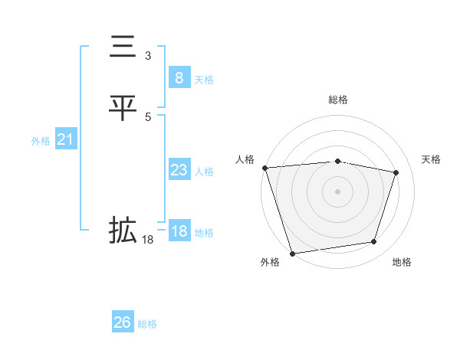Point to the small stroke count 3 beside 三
pos(148,56)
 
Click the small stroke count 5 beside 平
pos(148,116)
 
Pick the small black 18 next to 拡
pos(148,240)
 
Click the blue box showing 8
pos(179,78)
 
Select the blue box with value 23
pos(179,170)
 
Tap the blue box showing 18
pos(179,231)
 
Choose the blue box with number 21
pos(65,139)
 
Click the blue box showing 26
pos(123,322)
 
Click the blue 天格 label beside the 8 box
pos(204,80)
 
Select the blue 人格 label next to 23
pos(204,172)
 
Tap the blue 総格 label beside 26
pos(147,324)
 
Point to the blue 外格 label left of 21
pos(41,141)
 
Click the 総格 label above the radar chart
pos(338,100)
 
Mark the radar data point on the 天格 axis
pos(396,172)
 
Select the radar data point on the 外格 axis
pos(292,253)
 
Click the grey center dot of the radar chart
pos(338,191)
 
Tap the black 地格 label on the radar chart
pos(402,263)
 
